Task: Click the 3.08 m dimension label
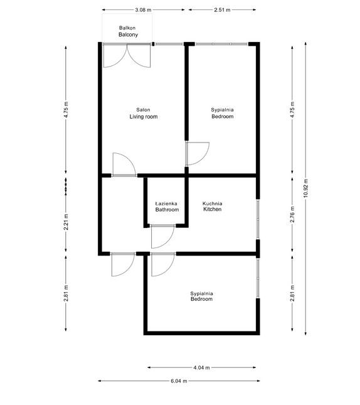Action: coord(144,11)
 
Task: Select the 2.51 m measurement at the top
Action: coord(221,11)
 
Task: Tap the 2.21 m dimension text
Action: coord(66,222)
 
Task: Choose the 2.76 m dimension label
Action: coord(292,215)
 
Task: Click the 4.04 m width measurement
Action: coord(201,367)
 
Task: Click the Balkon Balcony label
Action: coord(128,32)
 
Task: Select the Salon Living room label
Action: coord(143,113)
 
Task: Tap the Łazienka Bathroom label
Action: coord(167,207)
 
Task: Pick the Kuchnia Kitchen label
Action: coord(213,207)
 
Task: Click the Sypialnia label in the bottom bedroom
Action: coord(202,293)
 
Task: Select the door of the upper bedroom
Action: coord(197,154)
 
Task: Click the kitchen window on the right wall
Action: coord(257,219)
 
